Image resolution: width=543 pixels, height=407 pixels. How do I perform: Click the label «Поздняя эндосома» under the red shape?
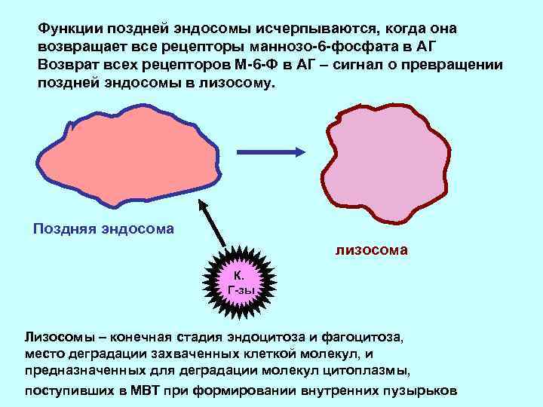(104, 228)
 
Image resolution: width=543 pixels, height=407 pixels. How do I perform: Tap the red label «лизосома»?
(372, 249)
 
